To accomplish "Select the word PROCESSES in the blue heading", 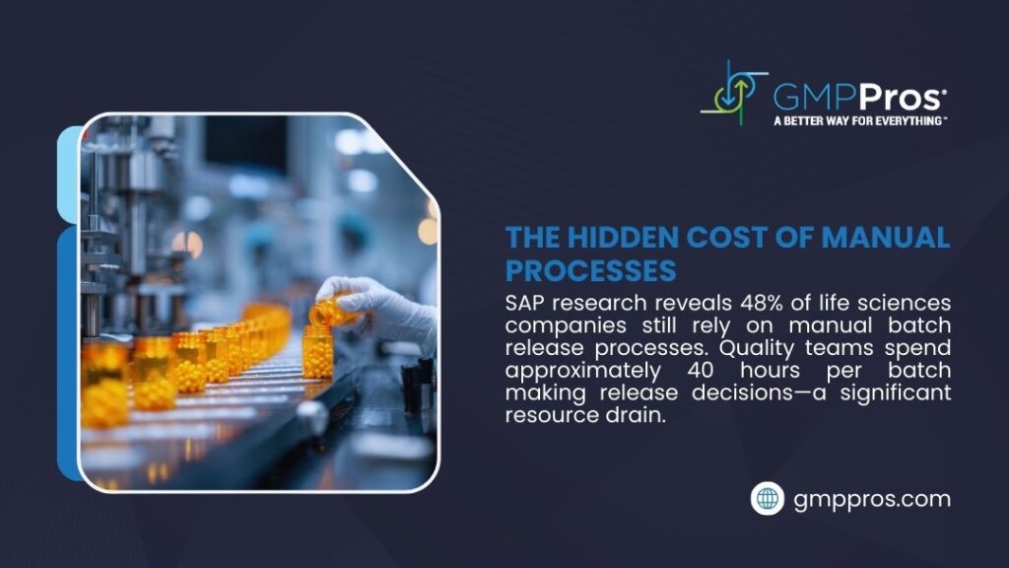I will [590, 268].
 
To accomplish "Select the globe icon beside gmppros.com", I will [767, 499].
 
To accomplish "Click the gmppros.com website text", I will [872, 499].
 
